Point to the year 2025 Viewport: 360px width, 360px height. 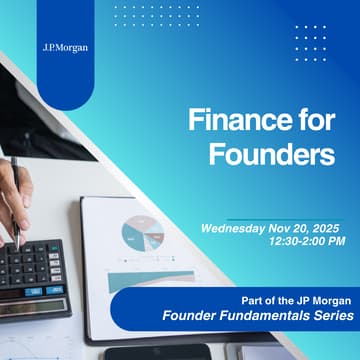click(x=324, y=228)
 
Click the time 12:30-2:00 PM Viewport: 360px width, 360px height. click(x=305, y=241)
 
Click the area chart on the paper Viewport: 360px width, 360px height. click(x=141, y=281)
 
